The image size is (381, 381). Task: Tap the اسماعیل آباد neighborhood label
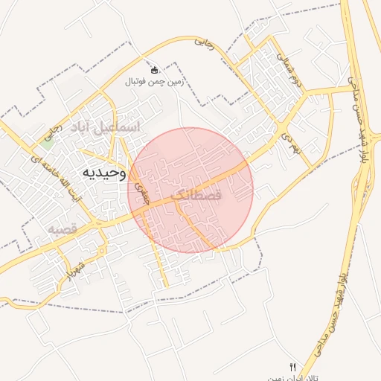[x=105, y=127]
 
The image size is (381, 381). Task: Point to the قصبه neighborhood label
[x=64, y=228]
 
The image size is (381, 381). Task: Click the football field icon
[x=154, y=70]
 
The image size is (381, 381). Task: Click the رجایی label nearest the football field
[x=203, y=44]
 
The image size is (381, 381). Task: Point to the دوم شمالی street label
[x=288, y=67]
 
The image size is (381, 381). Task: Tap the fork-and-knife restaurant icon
[x=292, y=368]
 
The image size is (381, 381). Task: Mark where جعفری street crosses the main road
[x=144, y=211]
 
